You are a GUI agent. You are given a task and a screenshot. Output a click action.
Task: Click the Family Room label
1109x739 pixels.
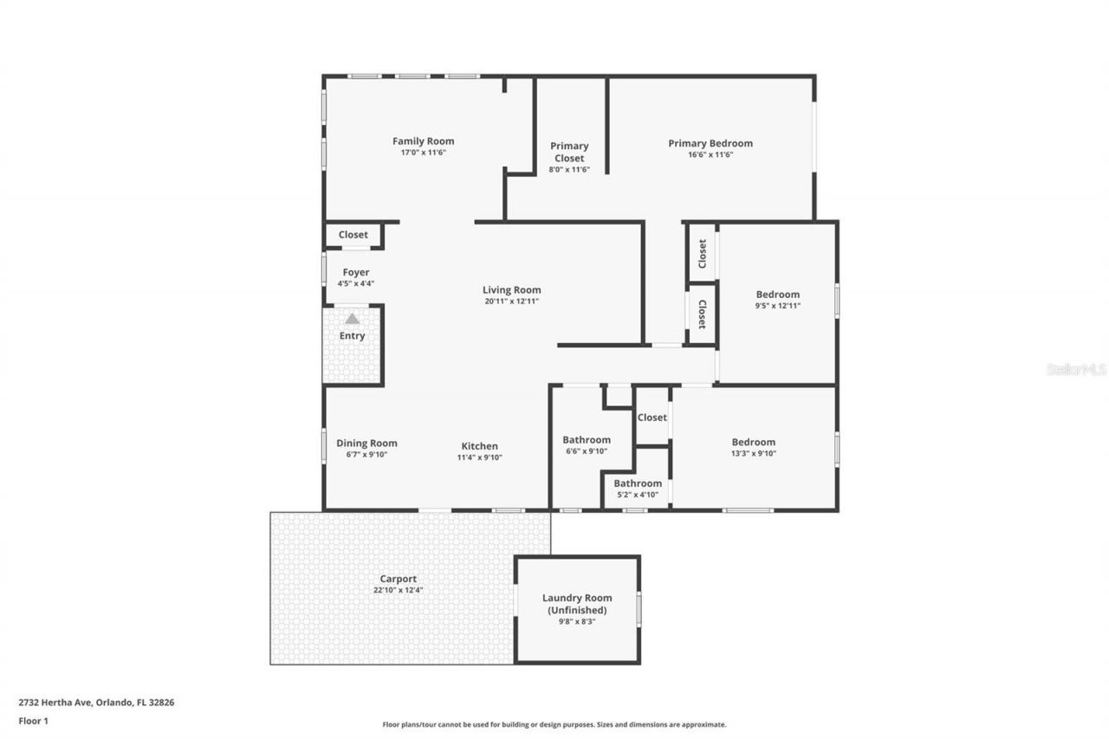click(x=423, y=141)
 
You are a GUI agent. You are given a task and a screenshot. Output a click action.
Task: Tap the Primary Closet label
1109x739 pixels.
click(x=569, y=152)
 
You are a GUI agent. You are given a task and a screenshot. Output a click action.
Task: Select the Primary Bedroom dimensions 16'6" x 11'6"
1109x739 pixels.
click(x=710, y=154)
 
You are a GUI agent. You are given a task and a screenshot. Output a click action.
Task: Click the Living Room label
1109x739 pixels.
click(x=512, y=290)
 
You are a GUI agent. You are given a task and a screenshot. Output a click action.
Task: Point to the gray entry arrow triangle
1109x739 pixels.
click(x=352, y=319)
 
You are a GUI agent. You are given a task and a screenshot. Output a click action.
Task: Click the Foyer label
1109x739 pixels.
click(x=355, y=272)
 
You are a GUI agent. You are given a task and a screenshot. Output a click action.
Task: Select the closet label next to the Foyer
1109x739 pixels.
click(x=353, y=235)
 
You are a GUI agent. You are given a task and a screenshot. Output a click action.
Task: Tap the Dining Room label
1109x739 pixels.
click(x=366, y=444)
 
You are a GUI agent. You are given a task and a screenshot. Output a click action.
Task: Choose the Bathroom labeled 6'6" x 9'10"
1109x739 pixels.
click(x=587, y=439)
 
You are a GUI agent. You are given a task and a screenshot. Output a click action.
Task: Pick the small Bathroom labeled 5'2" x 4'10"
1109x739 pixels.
click(x=638, y=483)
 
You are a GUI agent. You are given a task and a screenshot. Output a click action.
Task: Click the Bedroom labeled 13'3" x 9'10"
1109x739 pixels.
click(x=753, y=442)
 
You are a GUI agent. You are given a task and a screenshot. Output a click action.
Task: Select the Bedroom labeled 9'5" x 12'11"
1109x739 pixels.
click(x=777, y=295)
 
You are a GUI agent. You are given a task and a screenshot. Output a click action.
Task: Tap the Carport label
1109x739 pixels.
click(x=398, y=579)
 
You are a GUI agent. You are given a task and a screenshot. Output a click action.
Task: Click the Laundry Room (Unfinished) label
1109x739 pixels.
click(x=577, y=604)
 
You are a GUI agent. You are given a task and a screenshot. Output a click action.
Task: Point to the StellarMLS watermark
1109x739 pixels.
click(x=1076, y=369)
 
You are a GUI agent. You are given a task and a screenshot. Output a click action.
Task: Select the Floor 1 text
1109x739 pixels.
click(x=33, y=720)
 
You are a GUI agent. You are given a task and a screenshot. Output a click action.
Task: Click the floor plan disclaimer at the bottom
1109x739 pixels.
click(x=554, y=724)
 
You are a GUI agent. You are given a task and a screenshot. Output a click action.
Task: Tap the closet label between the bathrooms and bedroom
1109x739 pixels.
click(x=652, y=418)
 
